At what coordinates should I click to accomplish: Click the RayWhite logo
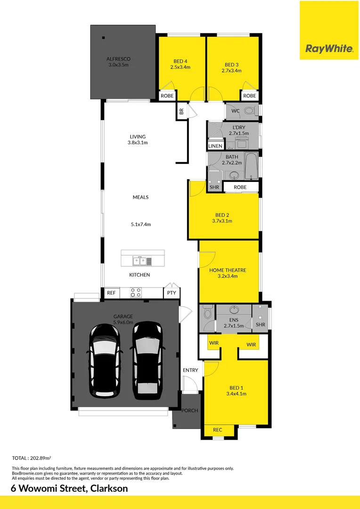click(x=329, y=49)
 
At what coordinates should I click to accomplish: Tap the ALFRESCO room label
click(x=118, y=59)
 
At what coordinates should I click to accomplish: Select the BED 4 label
click(x=180, y=61)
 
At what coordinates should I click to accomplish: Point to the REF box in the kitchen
click(x=111, y=293)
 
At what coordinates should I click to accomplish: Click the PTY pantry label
click(x=172, y=293)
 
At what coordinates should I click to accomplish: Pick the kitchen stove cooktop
click(x=136, y=292)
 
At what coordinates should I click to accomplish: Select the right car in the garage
click(x=148, y=360)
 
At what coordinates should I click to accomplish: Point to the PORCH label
click(x=190, y=410)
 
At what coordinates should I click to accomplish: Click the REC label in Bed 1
click(x=217, y=430)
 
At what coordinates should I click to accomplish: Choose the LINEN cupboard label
click(x=215, y=146)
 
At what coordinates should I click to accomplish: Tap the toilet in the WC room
click(x=249, y=111)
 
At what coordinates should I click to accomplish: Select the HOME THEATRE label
click(x=228, y=271)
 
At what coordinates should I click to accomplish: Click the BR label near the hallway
click(x=181, y=112)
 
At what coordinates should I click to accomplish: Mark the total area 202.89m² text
click(x=31, y=458)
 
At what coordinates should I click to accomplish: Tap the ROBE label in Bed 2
click(x=240, y=187)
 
